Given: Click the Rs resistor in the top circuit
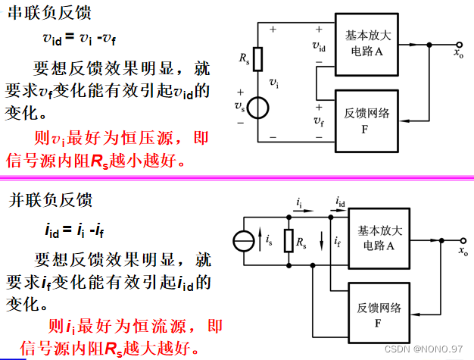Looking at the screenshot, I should pyautogui.click(x=257, y=59).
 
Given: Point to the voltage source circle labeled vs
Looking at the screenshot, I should pyautogui.click(x=257, y=106).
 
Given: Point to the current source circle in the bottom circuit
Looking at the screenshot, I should pyautogui.click(x=243, y=242).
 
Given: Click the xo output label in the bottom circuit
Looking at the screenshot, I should pyautogui.click(x=463, y=250).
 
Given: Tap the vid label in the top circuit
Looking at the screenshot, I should pyautogui.click(x=319, y=46).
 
